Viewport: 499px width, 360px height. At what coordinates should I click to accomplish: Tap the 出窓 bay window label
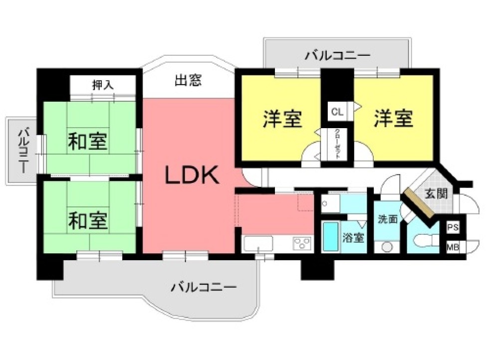189,80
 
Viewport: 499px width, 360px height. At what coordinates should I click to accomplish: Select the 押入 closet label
103,85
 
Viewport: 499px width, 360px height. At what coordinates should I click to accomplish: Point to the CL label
337,112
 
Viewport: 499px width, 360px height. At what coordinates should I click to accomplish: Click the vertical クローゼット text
338,144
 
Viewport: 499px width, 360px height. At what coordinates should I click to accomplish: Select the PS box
453,227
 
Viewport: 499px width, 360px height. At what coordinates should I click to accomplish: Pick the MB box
453,246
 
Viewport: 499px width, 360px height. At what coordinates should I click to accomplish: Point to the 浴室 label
353,238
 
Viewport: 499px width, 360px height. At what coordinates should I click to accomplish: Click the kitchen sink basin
258,244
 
